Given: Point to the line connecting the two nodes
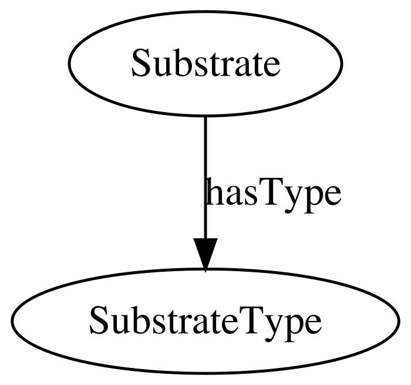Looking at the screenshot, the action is [206, 177].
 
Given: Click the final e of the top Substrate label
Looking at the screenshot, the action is [271, 67].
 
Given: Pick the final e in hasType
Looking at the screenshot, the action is [331, 196].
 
